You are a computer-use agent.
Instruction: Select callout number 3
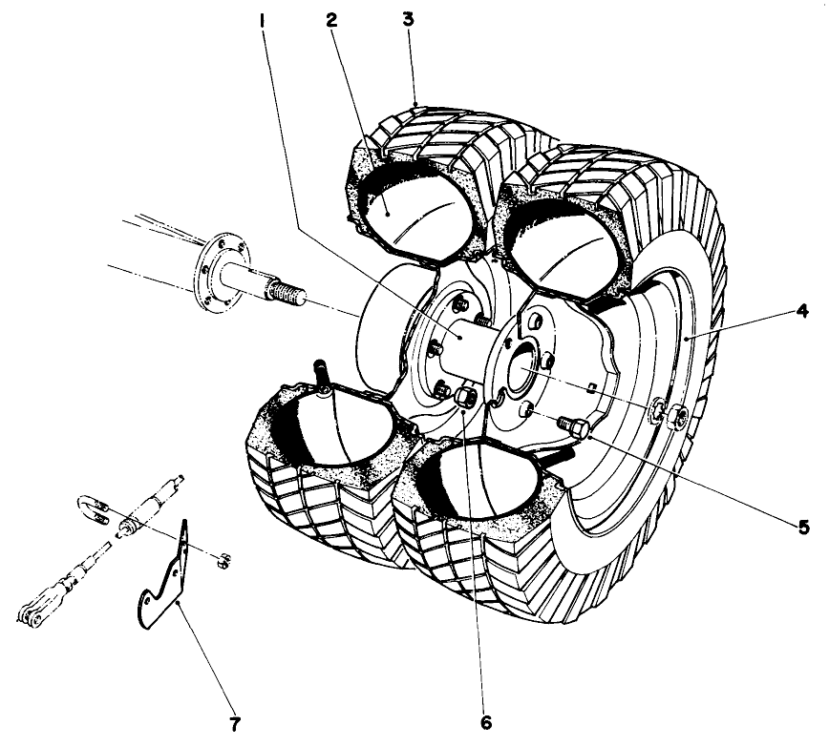[x=409, y=20]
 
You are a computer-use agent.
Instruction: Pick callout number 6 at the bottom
[x=486, y=723]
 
